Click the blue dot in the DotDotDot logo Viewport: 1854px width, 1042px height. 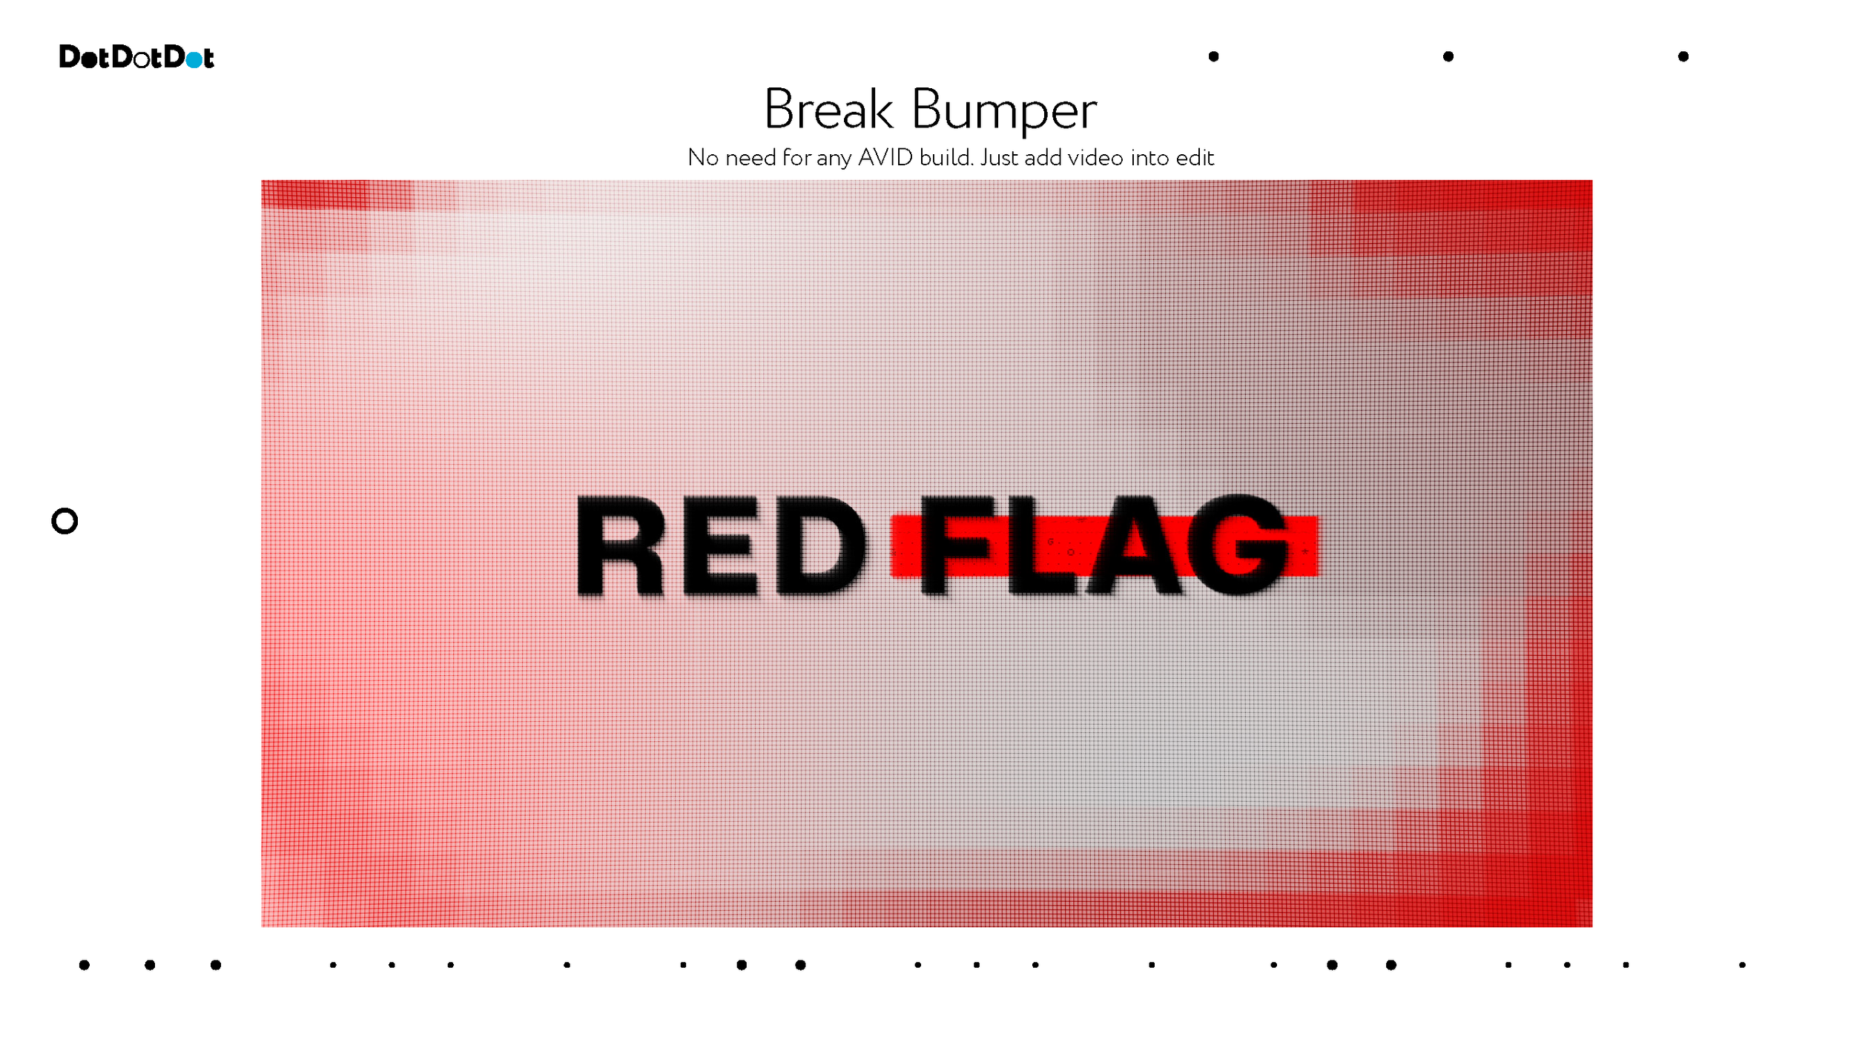click(x=194, y=59)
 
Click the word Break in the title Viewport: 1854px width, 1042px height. click(x=828, y=110)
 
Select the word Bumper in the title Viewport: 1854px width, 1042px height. click(x=1003, y=111)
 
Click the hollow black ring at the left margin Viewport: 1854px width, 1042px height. click(x=65, y=521)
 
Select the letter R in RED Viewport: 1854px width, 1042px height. click(x=621, y=546)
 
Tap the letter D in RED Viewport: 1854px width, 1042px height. click(x=819, y=546)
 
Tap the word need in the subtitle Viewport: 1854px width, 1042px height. click(x=750, y=158)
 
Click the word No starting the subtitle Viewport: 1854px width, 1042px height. click(x=703, y=158)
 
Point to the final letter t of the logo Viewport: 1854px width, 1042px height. click(x=208, y=58)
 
